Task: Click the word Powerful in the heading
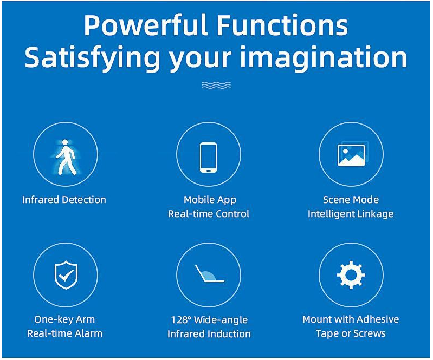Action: point(146,25)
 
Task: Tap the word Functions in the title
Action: point(282,25)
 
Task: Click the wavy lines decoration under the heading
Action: point(216,85)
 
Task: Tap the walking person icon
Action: point(66,157)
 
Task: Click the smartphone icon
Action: point(209,158)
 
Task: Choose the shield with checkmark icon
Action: point(66,275)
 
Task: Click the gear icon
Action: point(351,275)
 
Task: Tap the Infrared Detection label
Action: point(64,199)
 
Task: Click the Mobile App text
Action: point(210,200)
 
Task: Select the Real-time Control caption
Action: point(209,214)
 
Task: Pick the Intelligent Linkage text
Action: point(351,214)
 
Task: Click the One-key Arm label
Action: point(64,319)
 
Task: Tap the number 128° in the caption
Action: point(181,320)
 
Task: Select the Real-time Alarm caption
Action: point(64,333)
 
